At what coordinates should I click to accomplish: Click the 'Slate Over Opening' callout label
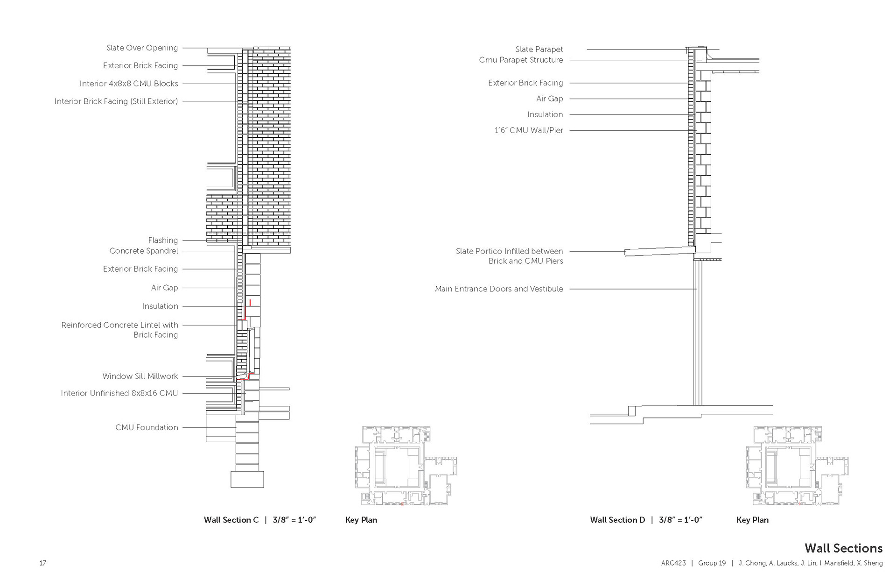142,48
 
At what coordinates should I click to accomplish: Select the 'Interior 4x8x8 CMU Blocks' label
128,84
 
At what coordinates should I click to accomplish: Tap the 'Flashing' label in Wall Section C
163,240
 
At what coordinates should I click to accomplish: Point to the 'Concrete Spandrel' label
143,251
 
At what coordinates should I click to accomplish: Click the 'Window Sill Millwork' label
140,376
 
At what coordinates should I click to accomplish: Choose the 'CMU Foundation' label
147,427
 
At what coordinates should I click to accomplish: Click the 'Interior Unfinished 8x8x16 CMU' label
119,393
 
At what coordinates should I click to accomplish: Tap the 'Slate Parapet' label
539,49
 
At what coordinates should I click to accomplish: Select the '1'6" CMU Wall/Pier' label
529,130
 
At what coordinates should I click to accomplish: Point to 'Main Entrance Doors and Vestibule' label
498,289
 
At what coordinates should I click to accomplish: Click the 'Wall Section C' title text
231,520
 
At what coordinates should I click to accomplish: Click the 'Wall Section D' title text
617,520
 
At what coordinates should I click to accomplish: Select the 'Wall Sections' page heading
843,548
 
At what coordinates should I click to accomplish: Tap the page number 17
42,563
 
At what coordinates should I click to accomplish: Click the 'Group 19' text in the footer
712,563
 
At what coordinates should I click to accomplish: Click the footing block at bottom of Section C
247,479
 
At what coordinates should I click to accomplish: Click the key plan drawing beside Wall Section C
405,466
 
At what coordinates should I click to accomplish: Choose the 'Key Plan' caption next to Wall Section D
752,520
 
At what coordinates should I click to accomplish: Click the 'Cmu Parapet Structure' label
521,60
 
